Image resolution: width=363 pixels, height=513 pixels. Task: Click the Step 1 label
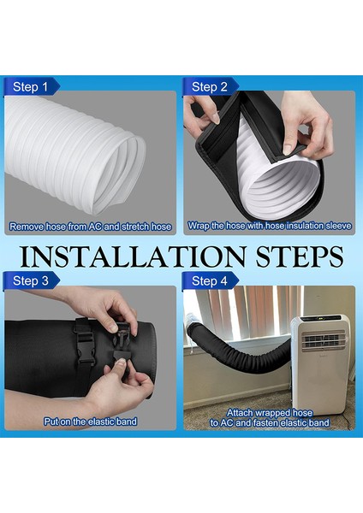[x=30, y=87]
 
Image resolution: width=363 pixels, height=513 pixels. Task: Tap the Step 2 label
[x=210, y=87]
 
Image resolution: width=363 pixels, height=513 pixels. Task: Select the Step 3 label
[x=31, y=281]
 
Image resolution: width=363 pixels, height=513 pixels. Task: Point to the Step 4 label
[x=210, y=281]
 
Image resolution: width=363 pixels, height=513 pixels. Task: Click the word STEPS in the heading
[x=300, y=256]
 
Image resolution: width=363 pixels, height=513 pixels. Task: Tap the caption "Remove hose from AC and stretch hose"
[x=91, y=227]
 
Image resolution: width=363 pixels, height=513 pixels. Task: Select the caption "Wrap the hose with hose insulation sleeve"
[x=270, y=226]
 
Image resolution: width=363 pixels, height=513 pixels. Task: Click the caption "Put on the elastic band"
[x=91, y=422]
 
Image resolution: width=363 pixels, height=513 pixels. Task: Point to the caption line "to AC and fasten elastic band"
[x=270, y=422]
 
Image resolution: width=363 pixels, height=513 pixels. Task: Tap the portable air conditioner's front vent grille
[x=324, y=340]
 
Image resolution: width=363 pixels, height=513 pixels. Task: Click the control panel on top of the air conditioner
[x=320, y=318]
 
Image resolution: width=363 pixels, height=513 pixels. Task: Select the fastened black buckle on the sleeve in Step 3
[x=85, y=341]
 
